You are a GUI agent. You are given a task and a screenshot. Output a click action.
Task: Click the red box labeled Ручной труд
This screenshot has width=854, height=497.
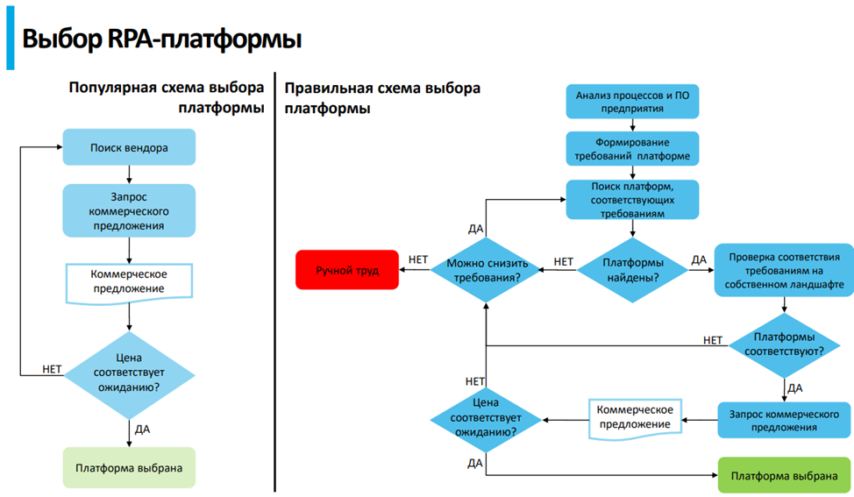pos(347,271)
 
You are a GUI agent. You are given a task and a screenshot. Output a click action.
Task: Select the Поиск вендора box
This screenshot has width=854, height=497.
pos(129,148)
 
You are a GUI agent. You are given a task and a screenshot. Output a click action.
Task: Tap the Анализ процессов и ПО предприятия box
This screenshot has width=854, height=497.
pos(632,103)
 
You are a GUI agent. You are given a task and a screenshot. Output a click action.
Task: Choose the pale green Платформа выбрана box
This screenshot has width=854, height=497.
pos(129,468)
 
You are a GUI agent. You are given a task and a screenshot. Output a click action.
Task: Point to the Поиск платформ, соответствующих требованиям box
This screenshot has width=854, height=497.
pos(632,199)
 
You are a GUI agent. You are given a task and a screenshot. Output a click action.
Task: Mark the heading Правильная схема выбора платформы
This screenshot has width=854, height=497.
pos(382,98)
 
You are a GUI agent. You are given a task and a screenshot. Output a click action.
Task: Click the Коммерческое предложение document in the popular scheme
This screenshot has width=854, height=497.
pos(129,281)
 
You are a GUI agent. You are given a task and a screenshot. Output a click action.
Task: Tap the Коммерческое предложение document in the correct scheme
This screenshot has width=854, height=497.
pos(634,417)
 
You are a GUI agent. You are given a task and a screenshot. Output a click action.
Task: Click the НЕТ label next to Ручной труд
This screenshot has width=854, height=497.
pos(416,260)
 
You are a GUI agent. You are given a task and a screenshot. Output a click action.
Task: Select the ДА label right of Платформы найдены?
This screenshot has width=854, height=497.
pos(699,260)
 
